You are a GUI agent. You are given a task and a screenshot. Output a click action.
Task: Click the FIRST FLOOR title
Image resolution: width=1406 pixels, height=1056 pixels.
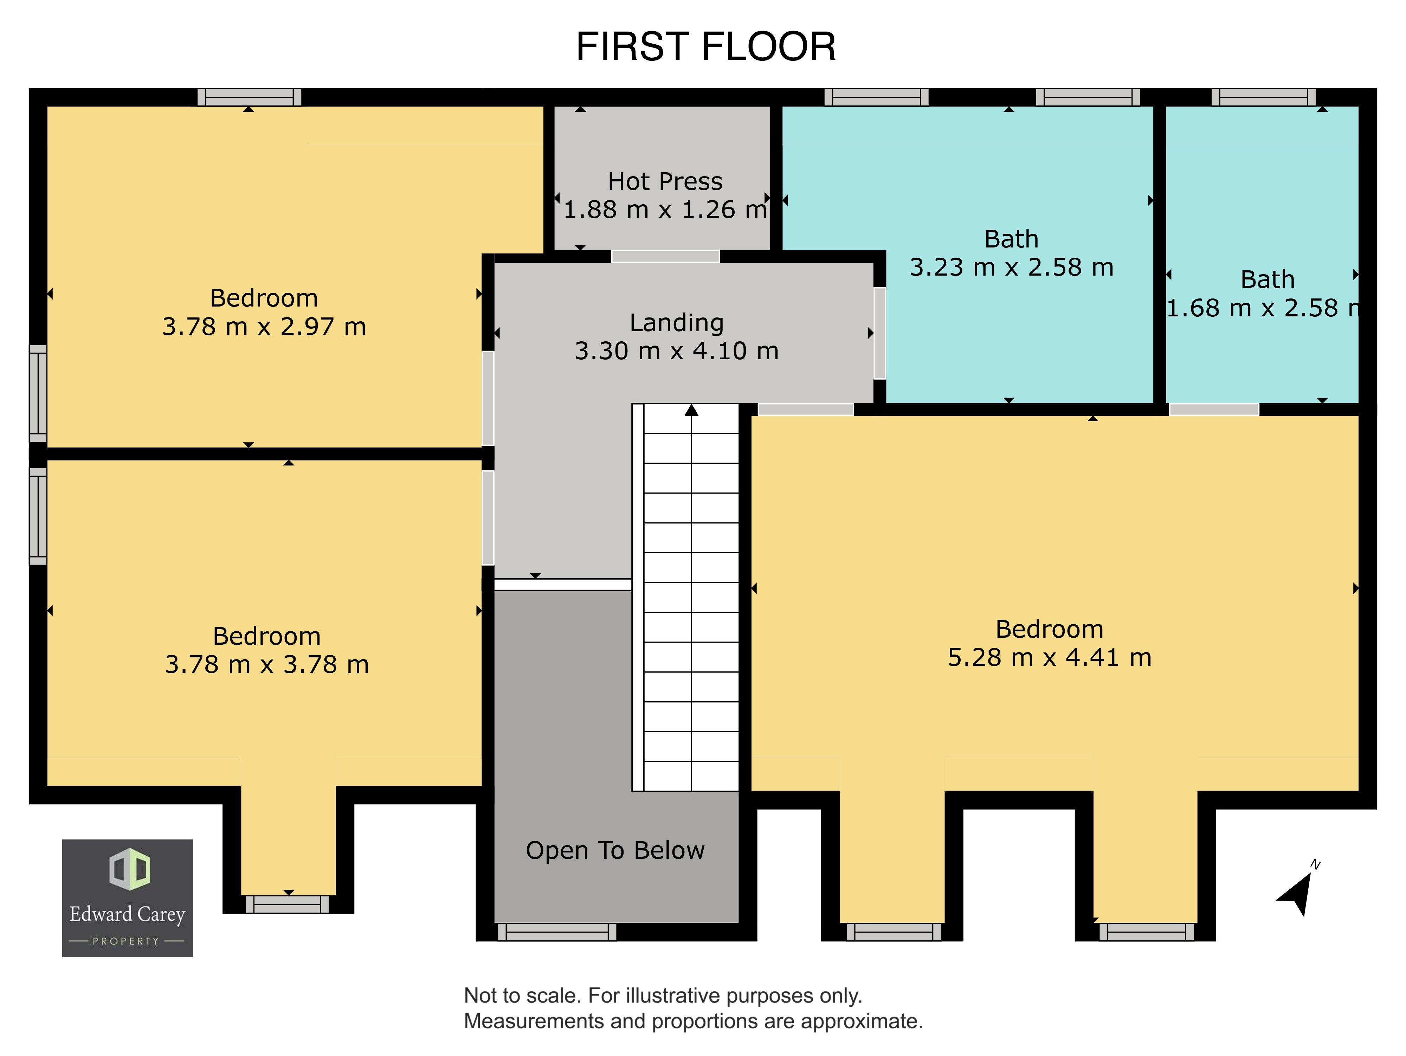coord(705,46)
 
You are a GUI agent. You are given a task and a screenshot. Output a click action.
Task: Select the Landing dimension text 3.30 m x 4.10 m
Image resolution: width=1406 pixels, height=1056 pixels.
coord(676,351)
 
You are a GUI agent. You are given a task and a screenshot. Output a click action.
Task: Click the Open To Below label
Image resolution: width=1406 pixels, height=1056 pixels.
coord(615,851)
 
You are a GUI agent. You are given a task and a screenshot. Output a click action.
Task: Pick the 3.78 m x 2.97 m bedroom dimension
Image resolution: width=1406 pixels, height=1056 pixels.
coord(264,327)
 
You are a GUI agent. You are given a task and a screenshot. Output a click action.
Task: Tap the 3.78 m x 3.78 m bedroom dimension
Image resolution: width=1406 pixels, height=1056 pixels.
coord(267,664)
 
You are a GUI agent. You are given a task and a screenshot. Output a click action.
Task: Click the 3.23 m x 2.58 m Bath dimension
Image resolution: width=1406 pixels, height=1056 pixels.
coord(1011,267)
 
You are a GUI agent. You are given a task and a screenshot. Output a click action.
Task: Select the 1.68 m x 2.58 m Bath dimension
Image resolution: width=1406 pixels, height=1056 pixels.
coord(1262,308)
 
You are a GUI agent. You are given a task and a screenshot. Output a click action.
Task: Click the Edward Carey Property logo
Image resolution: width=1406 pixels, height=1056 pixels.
coord(127,898)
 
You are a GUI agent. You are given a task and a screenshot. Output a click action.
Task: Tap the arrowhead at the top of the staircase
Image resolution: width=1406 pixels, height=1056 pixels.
coord(691,411)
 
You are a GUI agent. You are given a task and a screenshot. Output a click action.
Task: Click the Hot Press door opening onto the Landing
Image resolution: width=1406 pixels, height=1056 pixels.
coord(665,256)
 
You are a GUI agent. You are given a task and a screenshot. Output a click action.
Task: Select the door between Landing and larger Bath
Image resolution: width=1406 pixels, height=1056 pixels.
coord(880,333)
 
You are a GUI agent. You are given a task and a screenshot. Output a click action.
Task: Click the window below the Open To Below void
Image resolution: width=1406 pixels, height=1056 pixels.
coord(557,932)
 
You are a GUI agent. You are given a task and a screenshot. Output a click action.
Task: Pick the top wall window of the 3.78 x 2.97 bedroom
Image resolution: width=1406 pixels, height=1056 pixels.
coord(249,97)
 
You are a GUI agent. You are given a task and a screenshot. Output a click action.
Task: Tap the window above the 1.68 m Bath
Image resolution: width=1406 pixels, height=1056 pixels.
coord(1264,97)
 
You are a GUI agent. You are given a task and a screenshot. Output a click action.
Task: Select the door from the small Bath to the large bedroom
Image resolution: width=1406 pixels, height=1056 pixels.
coord(1214,410)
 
